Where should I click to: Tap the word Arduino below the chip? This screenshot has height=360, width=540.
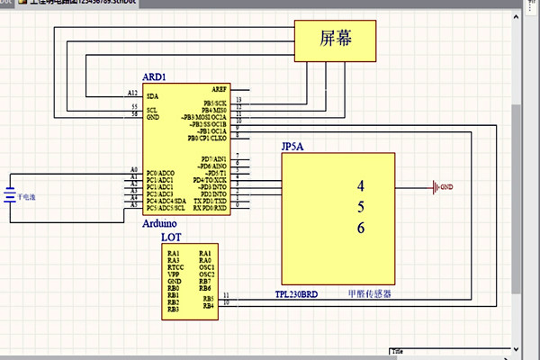pyautogui.click(x=158, y=222)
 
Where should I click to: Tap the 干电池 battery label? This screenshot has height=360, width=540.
pyautogui.click(x=28, y=195)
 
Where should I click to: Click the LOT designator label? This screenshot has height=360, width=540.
pyautogui.click(x=171, y=238)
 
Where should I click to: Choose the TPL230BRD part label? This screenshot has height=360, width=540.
pyautogui.click(x=297, y=294)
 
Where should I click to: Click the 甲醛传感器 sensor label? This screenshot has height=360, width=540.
pyautogui.click(x=369, y=294)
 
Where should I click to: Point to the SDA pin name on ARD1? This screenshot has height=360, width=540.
pyautogui.click(x=152, y=95)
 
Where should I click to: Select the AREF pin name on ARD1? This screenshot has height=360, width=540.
pyautogui.click(x=220, y=89)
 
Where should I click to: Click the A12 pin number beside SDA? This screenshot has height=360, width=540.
pyautogui.click(x=133, y=93)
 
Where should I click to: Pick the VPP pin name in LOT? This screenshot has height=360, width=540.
pyautogui.click(x=173, y=274)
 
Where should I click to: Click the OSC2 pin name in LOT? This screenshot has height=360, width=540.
pyautogui.click(x=207, y=274)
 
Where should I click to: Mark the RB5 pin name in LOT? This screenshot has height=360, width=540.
pyautogui.click(x=208, y=298)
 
